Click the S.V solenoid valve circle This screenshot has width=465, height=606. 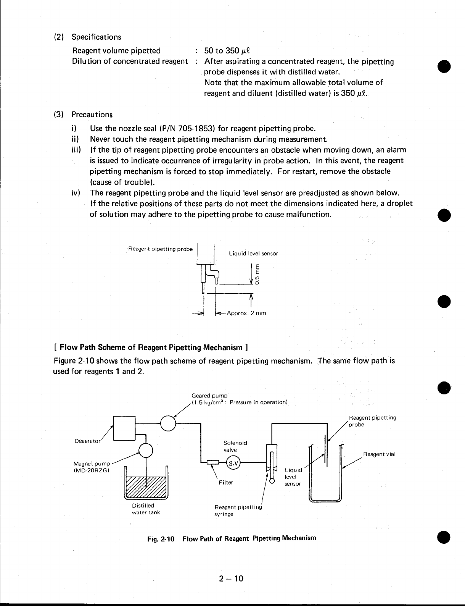[232, 462]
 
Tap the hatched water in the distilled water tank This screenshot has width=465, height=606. [146, 487]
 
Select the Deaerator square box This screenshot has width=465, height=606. [124, 429]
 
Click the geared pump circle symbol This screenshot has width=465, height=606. [168, 423]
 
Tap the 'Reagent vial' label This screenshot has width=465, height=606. [379, 454]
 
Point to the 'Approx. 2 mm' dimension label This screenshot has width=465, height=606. [246, 313]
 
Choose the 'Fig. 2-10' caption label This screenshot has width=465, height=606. [161, 539]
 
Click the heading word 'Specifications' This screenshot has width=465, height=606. [96, 37]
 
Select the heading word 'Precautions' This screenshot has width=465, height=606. [92, 115]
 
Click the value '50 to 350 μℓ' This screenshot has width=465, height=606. [227, 51]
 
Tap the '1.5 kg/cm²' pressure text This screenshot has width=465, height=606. [209, 402]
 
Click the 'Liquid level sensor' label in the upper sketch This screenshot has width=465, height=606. [253, 253]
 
